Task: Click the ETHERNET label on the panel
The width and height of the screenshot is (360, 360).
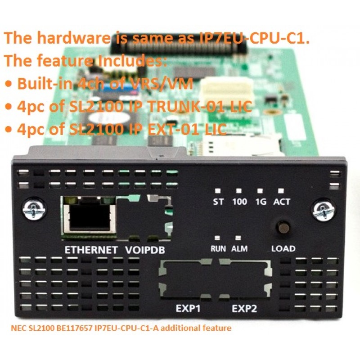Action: click(x=91, y=250)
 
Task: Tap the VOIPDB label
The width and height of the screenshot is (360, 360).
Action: click(x=145, y=250)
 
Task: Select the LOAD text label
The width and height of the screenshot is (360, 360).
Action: click(x=283, y=249)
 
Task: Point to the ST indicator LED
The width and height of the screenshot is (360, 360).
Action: click(x=218, y=191)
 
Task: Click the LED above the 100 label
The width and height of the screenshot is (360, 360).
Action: click(x=239, y=191)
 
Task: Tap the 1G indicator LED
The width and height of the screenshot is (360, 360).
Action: click(x=260, y=191)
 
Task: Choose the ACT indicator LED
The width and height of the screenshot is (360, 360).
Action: click(x=281, y=191)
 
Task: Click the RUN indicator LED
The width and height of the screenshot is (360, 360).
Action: click(x=217, y=238)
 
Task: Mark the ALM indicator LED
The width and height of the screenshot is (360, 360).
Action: click(x=238, y=238)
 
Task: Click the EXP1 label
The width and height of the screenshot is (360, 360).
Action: click(x=188, y=308)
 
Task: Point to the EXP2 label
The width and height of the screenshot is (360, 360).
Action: click(x=244, y=308)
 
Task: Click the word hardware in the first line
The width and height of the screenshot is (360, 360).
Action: click(x=73, y=38)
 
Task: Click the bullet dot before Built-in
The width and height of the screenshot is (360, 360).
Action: click(x=9, y=84)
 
